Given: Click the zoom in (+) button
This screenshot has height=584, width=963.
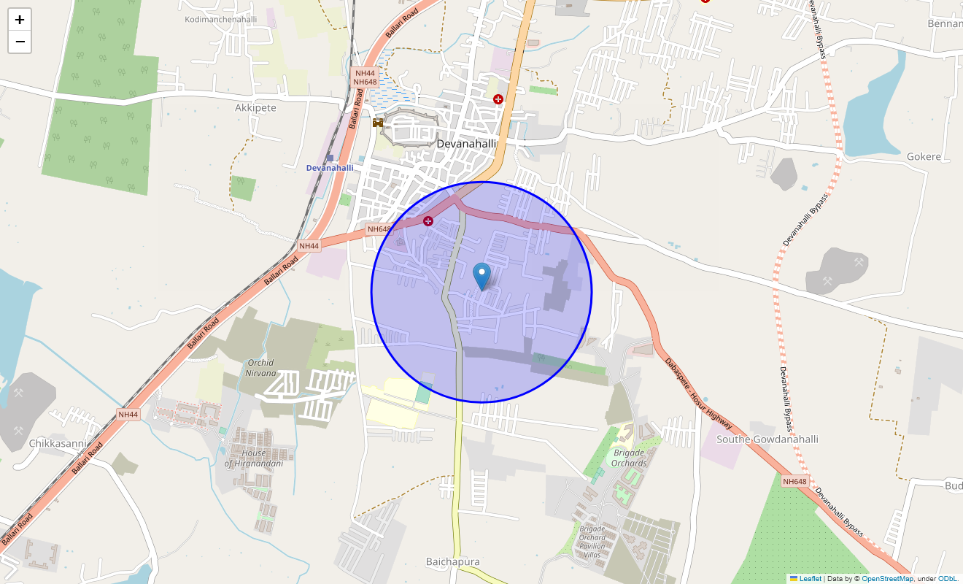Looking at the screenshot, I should pos(20,20).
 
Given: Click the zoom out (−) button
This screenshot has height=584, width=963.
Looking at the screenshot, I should pos(20,42).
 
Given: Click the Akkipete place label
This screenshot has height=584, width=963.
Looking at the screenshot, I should pos(255,108).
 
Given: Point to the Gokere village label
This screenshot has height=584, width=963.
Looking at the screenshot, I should pos(923,157).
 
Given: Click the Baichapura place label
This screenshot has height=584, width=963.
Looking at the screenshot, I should pos(452,561).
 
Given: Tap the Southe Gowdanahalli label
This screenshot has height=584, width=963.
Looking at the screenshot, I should pos(767,439).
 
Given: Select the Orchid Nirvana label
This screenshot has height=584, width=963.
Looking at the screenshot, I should pos(260,368).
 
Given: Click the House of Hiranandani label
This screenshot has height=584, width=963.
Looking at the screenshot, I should pos(253,458).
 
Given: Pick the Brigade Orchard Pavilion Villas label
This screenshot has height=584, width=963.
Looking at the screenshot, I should pos(592,542).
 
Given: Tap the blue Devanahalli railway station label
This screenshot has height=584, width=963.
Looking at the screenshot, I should pos(329,168).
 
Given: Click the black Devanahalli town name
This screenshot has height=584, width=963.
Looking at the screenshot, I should pos(466,144).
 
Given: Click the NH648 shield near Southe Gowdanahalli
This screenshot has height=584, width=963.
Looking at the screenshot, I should pos(794,482).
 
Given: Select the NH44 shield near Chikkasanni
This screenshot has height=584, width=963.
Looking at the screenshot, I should pos(128,415).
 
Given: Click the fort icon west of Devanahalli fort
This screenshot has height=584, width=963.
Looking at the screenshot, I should pos(378,123).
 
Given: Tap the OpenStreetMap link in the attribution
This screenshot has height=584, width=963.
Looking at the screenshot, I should pos(887,579).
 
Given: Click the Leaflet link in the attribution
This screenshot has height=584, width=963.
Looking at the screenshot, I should pos(810,579).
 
